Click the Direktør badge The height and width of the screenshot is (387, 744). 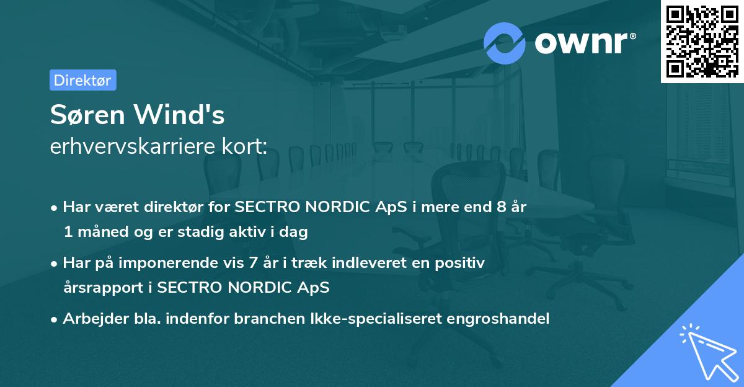82,80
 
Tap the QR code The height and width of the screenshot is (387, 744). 702,42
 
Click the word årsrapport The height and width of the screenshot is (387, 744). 101,288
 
